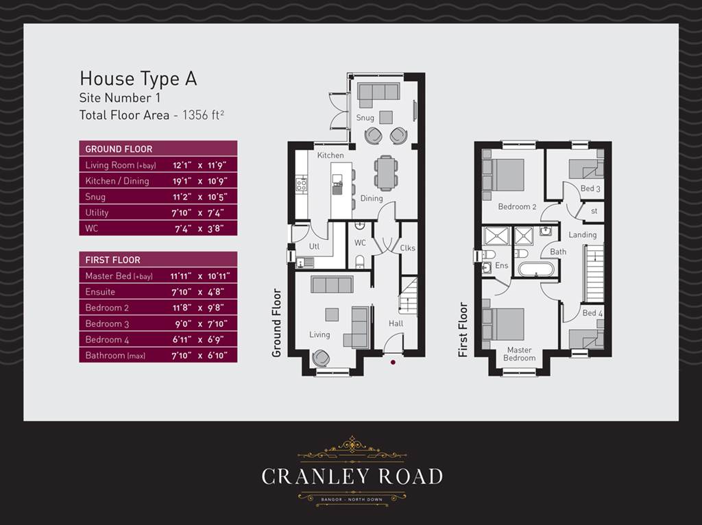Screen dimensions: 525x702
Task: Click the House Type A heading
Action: tap(138, 78)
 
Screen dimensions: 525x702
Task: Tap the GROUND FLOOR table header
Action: tap(119, 149)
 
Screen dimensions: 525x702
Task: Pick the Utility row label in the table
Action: tap(97, 212)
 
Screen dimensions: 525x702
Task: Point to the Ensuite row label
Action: tap(99, 292)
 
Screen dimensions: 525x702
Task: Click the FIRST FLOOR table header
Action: tap(112, 260)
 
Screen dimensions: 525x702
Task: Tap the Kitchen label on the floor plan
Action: tap(330, 156)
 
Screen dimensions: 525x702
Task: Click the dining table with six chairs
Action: tap(386, 172)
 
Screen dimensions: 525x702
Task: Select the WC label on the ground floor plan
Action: tap(360, 243)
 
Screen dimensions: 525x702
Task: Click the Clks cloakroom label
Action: tap(407, 248)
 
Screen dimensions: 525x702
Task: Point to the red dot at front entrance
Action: tap(393, 361)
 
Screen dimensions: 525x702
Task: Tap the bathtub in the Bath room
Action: tap(539, 268)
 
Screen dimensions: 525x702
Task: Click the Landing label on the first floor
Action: tap(582, 234)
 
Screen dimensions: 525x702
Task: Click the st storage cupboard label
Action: tap(594, 211)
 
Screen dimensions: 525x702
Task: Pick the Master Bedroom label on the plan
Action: tap(519, 354)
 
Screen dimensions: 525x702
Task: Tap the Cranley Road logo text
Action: tap(352, 476)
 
